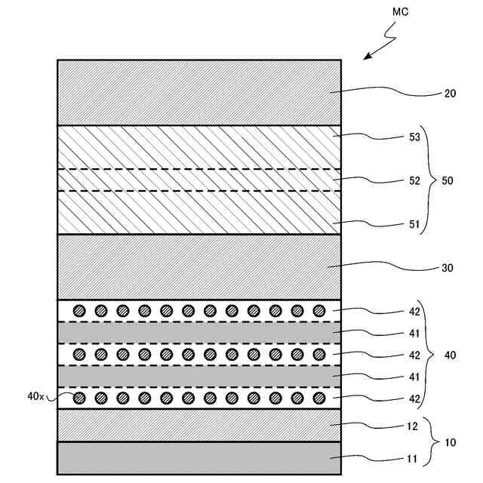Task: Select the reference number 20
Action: pyautogui.click(x=451, y=94)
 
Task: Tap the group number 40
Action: pyautogui.click(x=451, y=355)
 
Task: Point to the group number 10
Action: pyautogui.click(x=451, y=443)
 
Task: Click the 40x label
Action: pyautogui.click(x=35, y=395)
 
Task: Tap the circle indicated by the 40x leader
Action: pyautogui.click(x=78, y=398)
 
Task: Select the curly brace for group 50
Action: pyautogui.click(x=429, y=180)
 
